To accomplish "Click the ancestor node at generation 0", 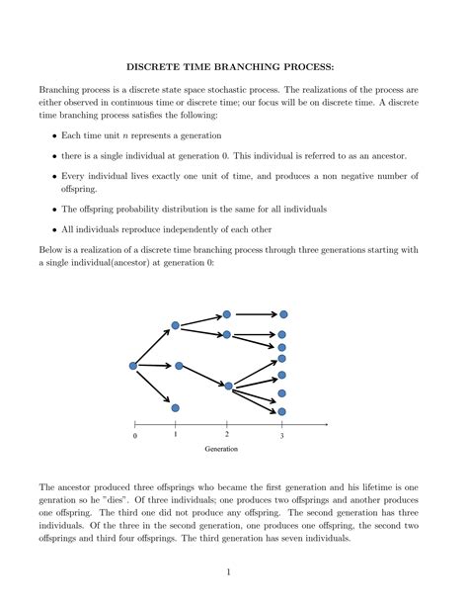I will (x=134, y=366).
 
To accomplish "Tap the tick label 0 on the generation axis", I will (x=134, y=436).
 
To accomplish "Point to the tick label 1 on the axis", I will (x=175, y=434).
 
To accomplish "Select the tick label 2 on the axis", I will (x=227, y=434).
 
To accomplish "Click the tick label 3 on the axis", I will (x=281, y=436).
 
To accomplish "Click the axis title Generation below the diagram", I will (x=220, y=449).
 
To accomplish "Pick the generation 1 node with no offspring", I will (x=175, y=407).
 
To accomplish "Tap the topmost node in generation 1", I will (x=176, y=325).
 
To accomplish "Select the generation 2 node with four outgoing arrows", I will (x=228, y=386).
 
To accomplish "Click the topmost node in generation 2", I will (x=227, y=314).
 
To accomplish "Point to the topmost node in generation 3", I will (x=282, y=314).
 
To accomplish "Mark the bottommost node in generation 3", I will (x=282, y=411).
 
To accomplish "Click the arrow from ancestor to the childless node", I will (x=154, y=387).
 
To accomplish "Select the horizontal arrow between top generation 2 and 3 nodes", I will (x=255, y=314).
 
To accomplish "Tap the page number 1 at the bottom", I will (x=227, y=570).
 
